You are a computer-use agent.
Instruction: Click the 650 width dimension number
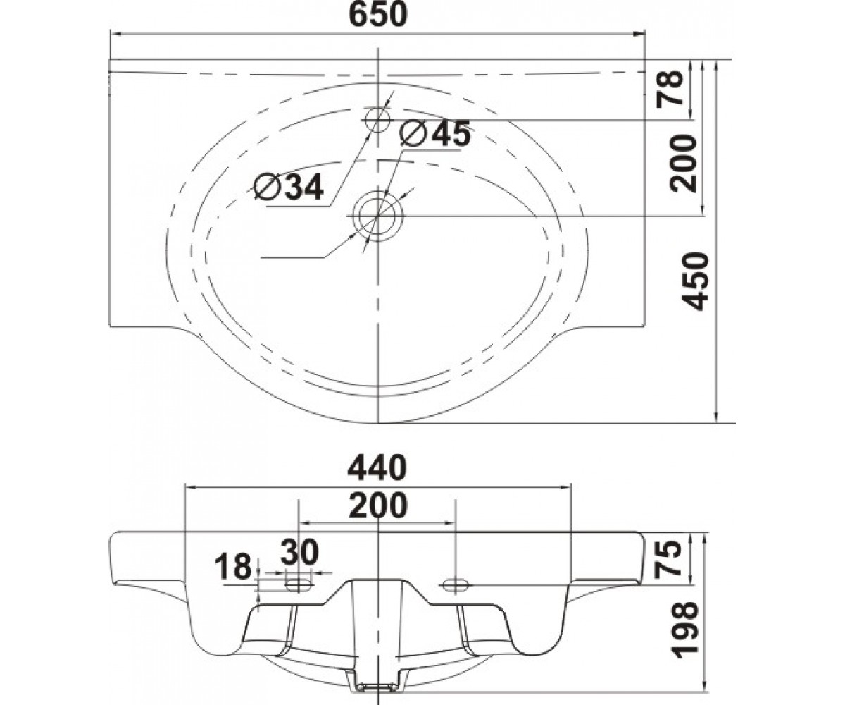pos(378,16)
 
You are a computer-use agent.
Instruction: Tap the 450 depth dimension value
pos(696,281)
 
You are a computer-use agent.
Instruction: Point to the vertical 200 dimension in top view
pos(683,164)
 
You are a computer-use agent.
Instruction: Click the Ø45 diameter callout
pos(435,133)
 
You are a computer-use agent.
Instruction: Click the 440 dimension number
pos(377,467)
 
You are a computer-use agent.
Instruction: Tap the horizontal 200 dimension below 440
pos(378,505)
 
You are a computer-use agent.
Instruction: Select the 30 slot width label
pos(299,551)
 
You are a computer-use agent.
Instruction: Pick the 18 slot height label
pos(233,567)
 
